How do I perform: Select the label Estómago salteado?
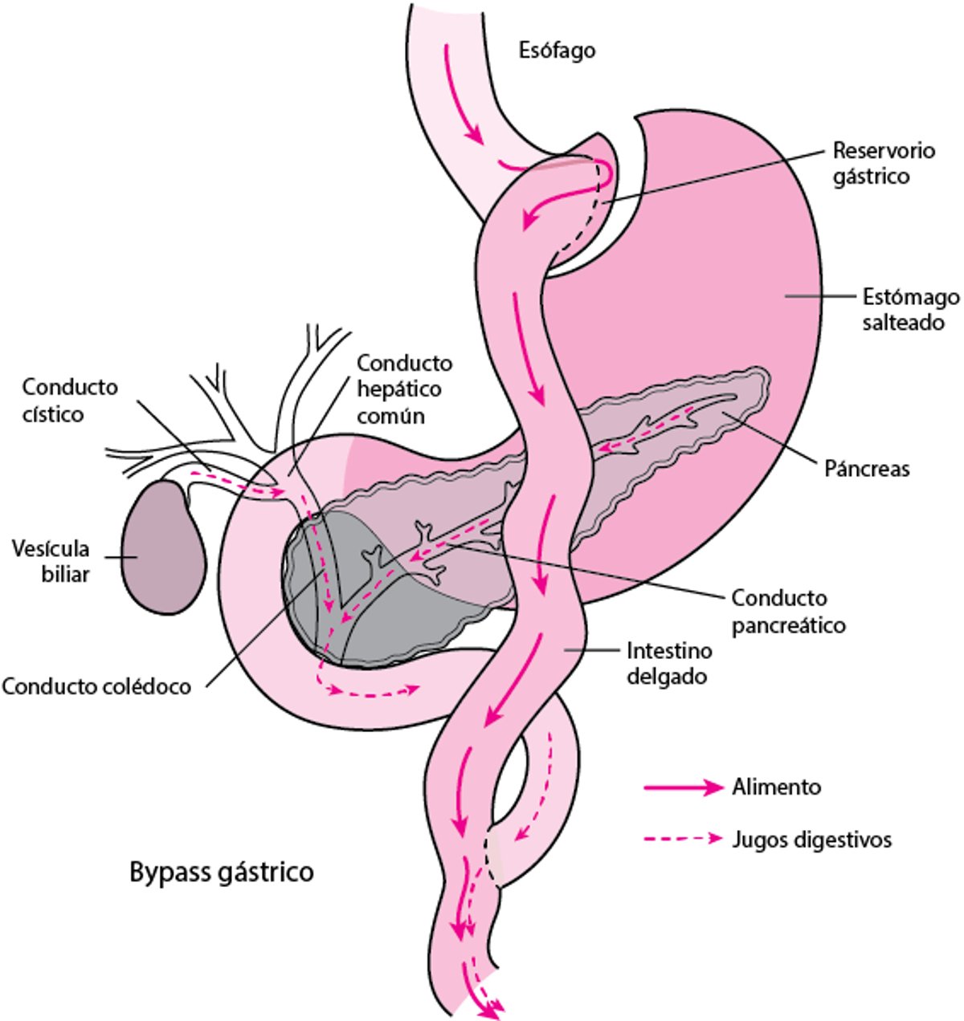coord(910,309)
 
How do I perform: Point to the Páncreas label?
coord(867,468)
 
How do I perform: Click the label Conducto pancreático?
coord(788,610)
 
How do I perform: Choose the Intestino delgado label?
coord(666,662)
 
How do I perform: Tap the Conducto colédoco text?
coord(96,686)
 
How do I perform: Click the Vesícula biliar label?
coord(50,561)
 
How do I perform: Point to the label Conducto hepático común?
coord(404,389)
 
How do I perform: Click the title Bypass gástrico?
coord(222,872)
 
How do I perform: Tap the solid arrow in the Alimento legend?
coord(684,787)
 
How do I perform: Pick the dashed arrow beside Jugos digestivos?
coord(684,840)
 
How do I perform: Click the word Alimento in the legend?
coord(776,787)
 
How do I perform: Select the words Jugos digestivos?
coord(811,840)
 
